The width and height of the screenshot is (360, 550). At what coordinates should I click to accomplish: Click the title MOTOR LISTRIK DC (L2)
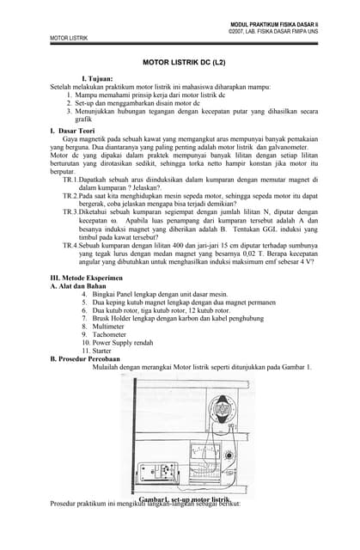183,63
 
